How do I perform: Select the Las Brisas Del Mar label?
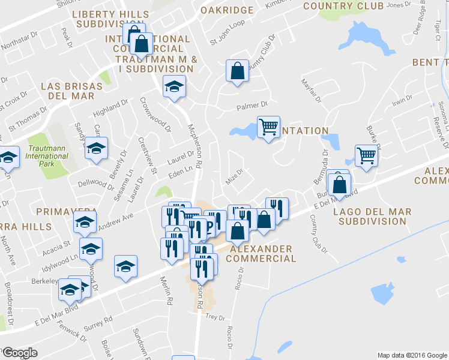(x=67, y=91)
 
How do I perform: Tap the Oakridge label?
(x=227, y=10)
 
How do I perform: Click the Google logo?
(x=19, y=352)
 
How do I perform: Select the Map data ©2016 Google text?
(x=411, y=355)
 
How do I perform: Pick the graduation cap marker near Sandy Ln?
(x=95, y=149)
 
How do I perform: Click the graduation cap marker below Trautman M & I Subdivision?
(x=174, y=88)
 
